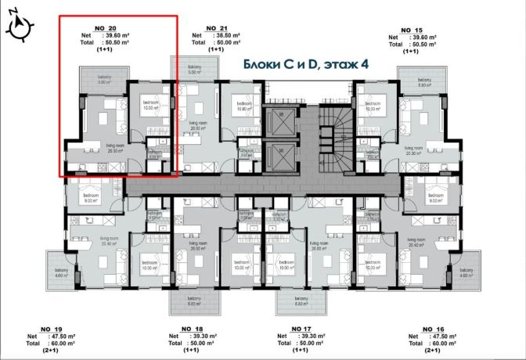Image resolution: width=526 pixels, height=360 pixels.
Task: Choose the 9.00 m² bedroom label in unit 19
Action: (x=85, y=197)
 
